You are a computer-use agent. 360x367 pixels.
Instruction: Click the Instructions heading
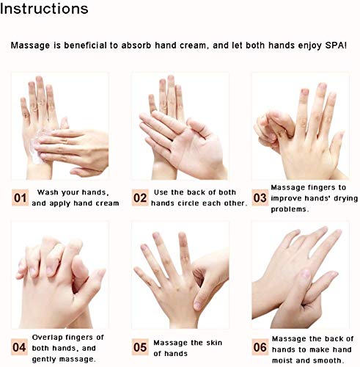pyautogui.click(x=44, y=9)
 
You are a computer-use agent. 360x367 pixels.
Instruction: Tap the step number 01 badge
pyautogui.click(x=20, y=197)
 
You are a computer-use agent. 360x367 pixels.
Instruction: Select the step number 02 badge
pyautogui.click(x=140, y=197)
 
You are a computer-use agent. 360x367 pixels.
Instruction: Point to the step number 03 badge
pyautogui.click(x=260, y=197)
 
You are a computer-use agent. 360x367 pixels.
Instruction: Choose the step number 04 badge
pyautogui.click(x=19, y=347)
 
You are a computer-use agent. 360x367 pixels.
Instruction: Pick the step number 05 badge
pyautogui.click(x=140, y=347)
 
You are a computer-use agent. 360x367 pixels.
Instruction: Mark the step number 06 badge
pyautogui.click(x=260, y=347)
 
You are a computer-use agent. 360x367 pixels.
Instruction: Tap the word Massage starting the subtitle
pyautogui.click(x=30, y=46)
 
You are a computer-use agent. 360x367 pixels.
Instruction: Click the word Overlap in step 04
pyautogui.click(x=47, y=338)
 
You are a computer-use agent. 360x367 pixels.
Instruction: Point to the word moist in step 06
pyautogui.click(x=282, y=360)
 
